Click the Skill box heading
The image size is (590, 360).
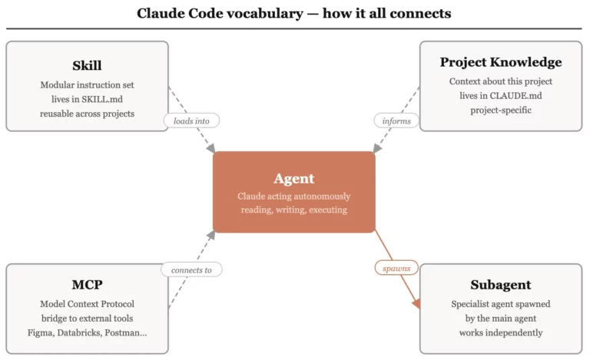pos(87,65)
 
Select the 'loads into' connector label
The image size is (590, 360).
pos(191,121)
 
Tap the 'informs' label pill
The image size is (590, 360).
pos(396,121)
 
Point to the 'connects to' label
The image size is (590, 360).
pos(191,269)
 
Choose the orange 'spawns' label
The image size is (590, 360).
pos(396,269)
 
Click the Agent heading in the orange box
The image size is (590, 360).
pos(294,178)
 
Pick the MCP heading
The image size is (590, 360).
pos(87,285)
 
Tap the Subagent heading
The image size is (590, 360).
pos(500,285)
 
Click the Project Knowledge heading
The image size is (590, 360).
pos(500,62)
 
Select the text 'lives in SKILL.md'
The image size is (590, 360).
pos(87,99)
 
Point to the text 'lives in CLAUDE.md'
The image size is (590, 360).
pos(500,96)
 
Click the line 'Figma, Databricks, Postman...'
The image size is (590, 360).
pos(87,332)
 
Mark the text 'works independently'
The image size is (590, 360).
pos(500,332)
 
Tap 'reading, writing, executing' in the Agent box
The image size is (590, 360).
pos(294,210)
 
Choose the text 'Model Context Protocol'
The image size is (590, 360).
pos(87,304)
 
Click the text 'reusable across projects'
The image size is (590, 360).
pos(87,114)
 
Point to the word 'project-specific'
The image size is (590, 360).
pos(500,111)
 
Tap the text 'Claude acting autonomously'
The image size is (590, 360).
pos(294,196)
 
